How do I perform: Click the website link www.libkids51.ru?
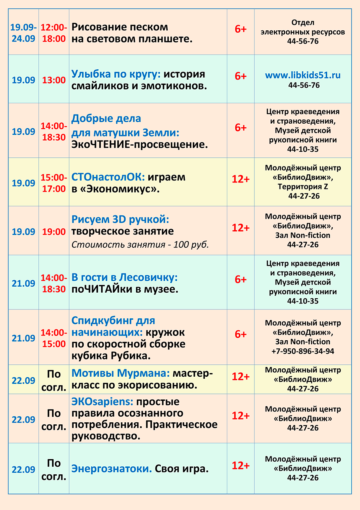click(x=303, y=75)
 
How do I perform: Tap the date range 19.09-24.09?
click(x=23, y=33)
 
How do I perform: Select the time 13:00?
click(x=54, y=80)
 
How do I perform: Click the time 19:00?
click(x=54, y=232)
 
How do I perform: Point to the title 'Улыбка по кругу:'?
click(x=116, y=74)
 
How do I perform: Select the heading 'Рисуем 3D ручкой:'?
click(x=120, y=219)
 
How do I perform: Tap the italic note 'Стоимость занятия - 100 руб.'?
click(x=140, y=245)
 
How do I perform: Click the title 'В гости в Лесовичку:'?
click(x=124, y=277)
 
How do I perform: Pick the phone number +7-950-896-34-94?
click(x=303, y=351)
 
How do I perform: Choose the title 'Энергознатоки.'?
click(x=112, y=468)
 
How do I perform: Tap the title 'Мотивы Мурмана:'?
click(x=120, y=373)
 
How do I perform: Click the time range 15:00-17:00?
click(x=54, y=183)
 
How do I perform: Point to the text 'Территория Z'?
click(x=303, y=187)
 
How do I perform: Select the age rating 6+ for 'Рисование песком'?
click(x=240, y=29)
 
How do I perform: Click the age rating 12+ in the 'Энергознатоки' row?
click(x=240, y=466)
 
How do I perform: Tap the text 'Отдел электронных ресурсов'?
click(x=303, y=27)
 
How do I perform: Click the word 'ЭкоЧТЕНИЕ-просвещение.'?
click(x=140, y=145)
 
